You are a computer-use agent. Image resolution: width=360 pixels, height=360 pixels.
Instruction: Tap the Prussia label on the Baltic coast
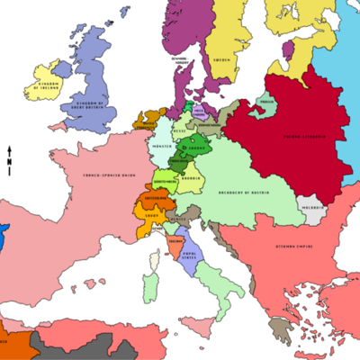(265, 103)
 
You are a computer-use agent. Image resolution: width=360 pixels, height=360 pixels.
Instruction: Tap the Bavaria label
(191, 178)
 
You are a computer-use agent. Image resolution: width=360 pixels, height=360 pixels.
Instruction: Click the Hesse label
(178, 130)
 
